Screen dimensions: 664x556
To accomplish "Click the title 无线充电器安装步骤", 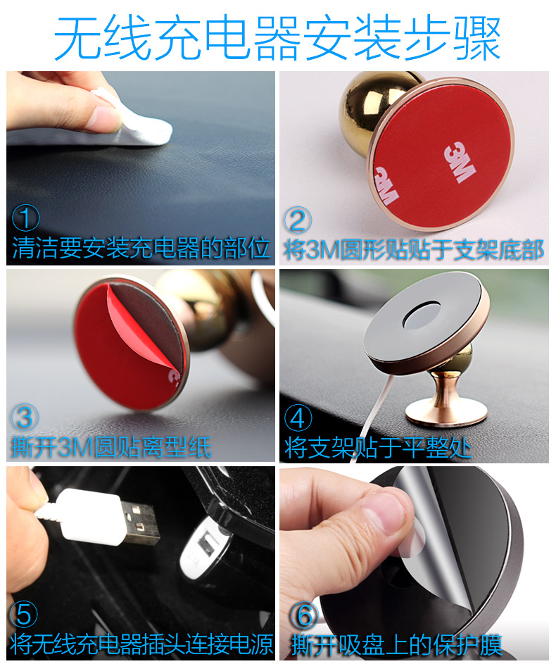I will click(x=277, y=37).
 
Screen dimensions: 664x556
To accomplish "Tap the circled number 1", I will click(x=25, y=220).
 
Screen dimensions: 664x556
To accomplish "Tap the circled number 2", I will click(x=297, y=220).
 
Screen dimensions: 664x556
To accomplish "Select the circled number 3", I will click(x=25, y=417).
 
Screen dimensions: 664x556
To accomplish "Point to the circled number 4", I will click(x=298, y=418).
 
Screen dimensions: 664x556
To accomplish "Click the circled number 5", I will click(x=25, y=615).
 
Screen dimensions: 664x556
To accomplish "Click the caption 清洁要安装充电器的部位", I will click(x=141, y=249).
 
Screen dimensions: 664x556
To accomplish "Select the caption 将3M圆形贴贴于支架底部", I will click(x=414, y=249).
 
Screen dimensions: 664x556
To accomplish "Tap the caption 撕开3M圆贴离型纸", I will click(x=111, y=446).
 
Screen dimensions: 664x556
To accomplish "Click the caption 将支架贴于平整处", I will click(x=378, y=446).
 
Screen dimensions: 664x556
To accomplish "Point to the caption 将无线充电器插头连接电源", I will click(x=141, y=644).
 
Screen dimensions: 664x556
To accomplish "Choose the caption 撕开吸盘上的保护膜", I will click(x=397, y=644).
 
